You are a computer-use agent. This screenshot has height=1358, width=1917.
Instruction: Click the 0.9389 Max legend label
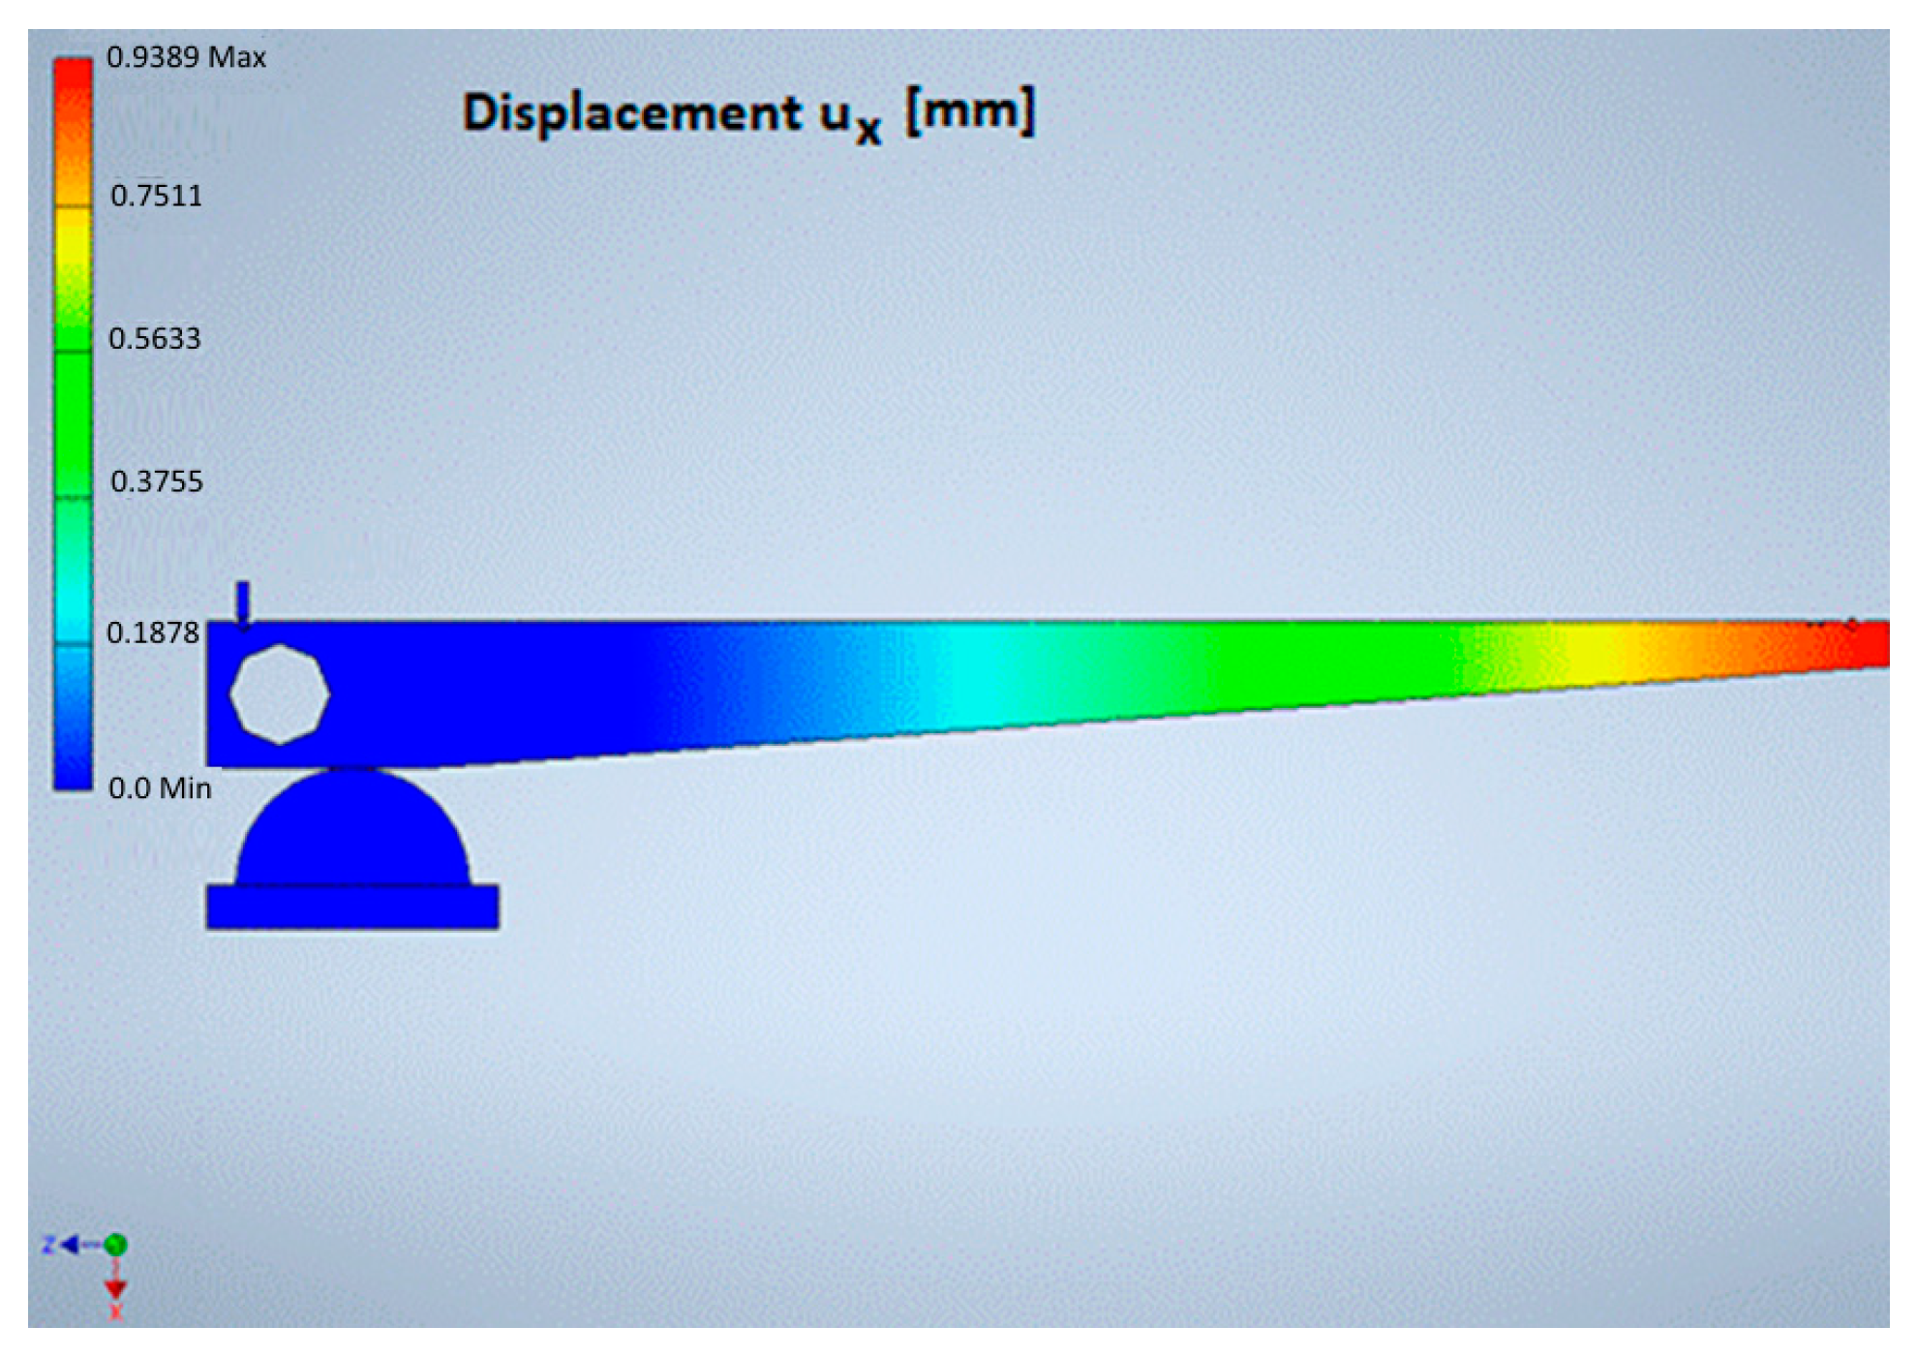click(186, 57)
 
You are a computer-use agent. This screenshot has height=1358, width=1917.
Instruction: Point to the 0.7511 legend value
click(157, 196)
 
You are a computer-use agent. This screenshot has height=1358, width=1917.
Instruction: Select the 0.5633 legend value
click(155, 338)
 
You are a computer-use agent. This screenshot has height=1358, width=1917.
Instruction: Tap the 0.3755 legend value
click(157, 481)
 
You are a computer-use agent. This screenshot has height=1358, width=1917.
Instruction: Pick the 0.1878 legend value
click(153, 633)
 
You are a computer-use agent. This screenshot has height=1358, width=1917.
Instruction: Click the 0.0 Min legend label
click(160, 788)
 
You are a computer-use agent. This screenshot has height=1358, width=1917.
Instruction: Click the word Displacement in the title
click(632, 113)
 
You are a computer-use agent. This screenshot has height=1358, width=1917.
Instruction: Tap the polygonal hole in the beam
click(280, 694)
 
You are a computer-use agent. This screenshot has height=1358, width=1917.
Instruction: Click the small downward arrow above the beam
click(243, 605)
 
